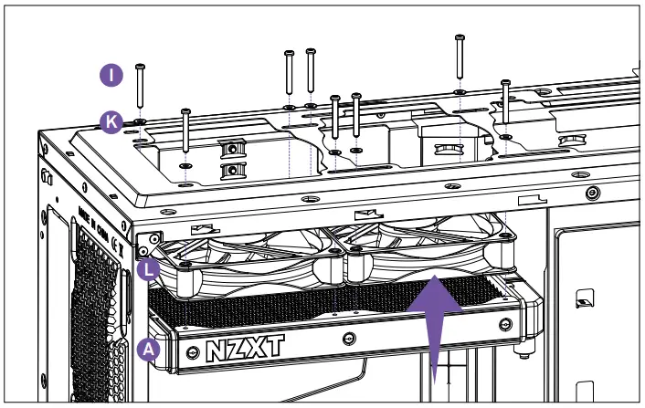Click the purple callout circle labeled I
coord(111,76)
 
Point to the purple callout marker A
coord(148,348)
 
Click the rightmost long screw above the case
coord(505,105)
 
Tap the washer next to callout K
coord(140,120)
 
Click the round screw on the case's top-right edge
coord(594,193)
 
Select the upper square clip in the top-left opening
coord(232,148)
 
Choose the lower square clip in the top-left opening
coord(232,171)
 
